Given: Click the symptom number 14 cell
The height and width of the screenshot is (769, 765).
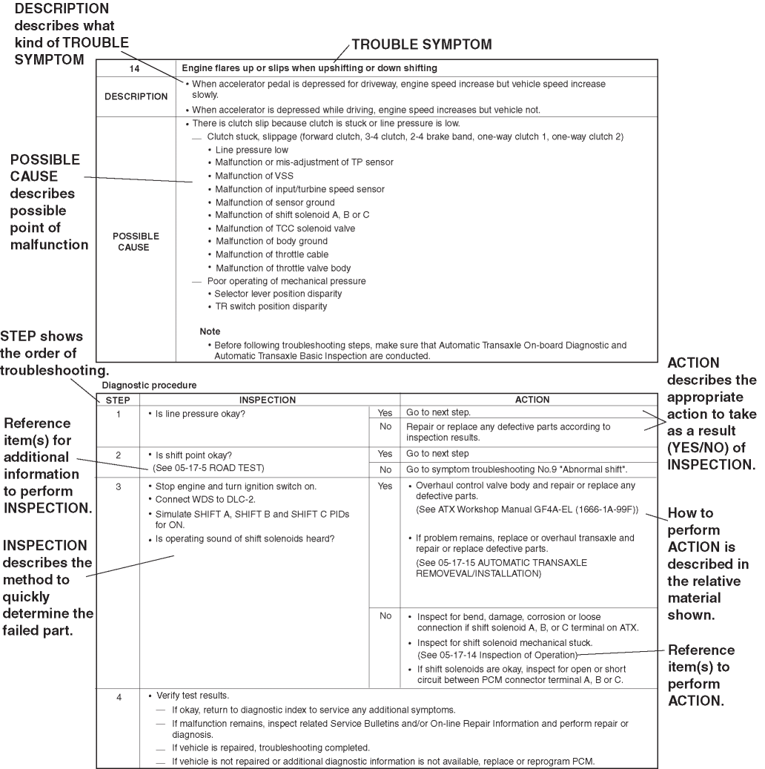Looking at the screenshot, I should coord(136,68).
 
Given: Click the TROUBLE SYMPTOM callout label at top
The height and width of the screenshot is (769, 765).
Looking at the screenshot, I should coord(421,45).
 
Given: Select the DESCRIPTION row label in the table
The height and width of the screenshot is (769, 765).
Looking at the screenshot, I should coord(136,96).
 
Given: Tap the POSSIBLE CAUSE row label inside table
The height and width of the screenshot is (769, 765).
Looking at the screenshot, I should coord(136,241).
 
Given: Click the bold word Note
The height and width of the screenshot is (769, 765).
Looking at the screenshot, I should coord(210,331).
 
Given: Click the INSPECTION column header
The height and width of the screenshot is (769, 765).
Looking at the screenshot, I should coord(268,400).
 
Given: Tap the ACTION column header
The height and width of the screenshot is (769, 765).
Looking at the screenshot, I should coord(532,400).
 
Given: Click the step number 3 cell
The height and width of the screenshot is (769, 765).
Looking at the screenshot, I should coord(119,486).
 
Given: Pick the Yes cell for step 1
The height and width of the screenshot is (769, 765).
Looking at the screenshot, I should coord(385,412).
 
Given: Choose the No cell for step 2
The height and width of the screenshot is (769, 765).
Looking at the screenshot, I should coord(385,470).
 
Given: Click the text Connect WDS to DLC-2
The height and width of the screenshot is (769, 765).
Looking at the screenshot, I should coord(202,501).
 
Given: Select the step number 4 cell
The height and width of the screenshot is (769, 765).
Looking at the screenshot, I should coord(119,698).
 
